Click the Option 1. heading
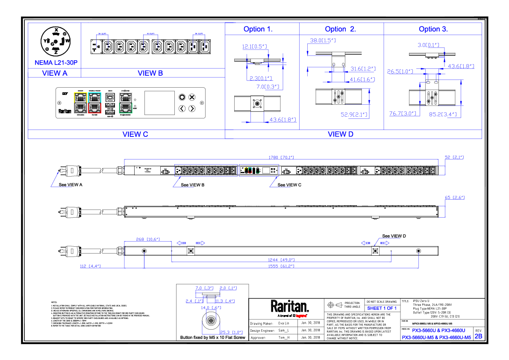coord(258,30)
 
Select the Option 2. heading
coord(340,30)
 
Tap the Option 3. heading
coord(433,30)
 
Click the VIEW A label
coord(55,73)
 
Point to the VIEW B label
coord(150,73)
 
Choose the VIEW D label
coord(341,134)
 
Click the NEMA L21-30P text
coord(56,63)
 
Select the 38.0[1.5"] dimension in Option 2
coord(323,41)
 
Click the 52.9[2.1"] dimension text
coord(355,115)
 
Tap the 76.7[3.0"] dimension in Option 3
coord(403,113)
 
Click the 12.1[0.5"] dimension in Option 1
coord(254,47)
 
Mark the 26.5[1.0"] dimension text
coord(400,71)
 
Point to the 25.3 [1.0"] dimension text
coord(231,332)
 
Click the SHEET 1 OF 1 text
coord(382,308)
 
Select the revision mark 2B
coord(479,336)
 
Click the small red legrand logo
coord(301,316)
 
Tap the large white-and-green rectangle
coord(126,103)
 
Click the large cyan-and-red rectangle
coord(94,103)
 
